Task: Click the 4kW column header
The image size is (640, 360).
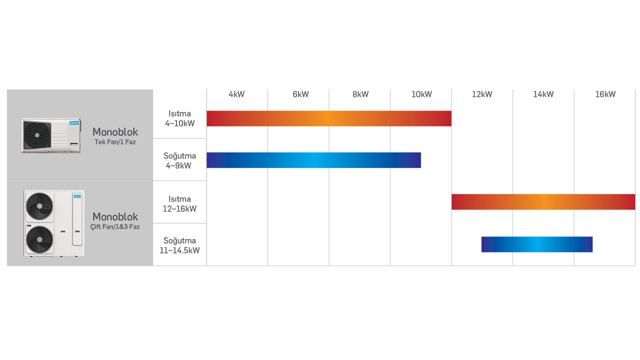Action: pos(236,94)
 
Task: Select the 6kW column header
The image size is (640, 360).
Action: pos(300,94)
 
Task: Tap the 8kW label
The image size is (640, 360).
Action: pos(360,94)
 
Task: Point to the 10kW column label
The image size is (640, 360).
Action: pos(421,94)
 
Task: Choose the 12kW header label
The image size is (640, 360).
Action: pos(482,94)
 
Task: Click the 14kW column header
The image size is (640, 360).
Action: pos(543,94)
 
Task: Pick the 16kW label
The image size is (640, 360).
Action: pos(605,94)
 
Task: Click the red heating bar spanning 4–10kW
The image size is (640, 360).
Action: pos(329,118)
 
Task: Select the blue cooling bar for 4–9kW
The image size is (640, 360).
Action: pos(313,160)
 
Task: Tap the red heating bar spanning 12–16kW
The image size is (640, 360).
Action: pos(543,202)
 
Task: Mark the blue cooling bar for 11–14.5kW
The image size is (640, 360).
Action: pos(537,244)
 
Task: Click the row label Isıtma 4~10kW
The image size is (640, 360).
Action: pos(179,118)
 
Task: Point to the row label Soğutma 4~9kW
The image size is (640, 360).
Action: pos(179,160)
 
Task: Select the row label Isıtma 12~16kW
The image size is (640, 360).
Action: pos(179,203)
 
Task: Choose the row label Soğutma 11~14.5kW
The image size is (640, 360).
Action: pos(179,245)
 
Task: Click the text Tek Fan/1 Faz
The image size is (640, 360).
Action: pos(115,142)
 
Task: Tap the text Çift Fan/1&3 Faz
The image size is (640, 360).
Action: pos(115,226)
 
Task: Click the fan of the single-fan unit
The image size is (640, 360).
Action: pos(37,135)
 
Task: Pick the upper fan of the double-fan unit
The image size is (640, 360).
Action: pos(39,206)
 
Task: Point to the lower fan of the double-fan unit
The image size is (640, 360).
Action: pos(39,239)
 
